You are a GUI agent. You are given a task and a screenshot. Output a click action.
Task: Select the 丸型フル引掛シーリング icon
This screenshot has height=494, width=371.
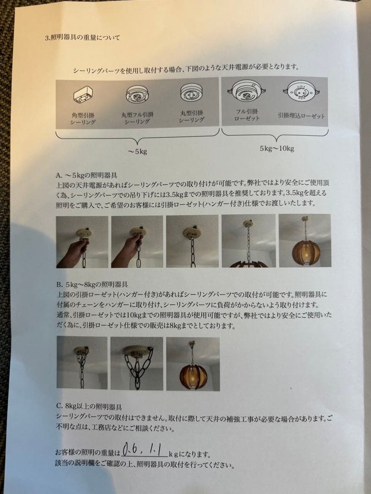tap(137, 95)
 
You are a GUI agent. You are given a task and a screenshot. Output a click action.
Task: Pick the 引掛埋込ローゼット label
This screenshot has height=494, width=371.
tap(301, 116)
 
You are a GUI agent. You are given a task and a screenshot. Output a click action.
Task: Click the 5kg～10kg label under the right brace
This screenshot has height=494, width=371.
tap(277, 149)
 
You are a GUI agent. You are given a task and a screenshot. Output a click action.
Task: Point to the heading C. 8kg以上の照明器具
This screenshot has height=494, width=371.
tap(89, 406)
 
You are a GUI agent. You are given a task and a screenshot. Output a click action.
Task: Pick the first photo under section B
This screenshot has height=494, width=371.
tap(82, 363)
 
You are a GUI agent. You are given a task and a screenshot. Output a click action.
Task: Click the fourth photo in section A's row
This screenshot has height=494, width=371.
tap(248, 241)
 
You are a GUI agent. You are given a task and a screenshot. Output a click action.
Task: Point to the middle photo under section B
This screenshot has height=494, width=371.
tap(136, 363)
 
